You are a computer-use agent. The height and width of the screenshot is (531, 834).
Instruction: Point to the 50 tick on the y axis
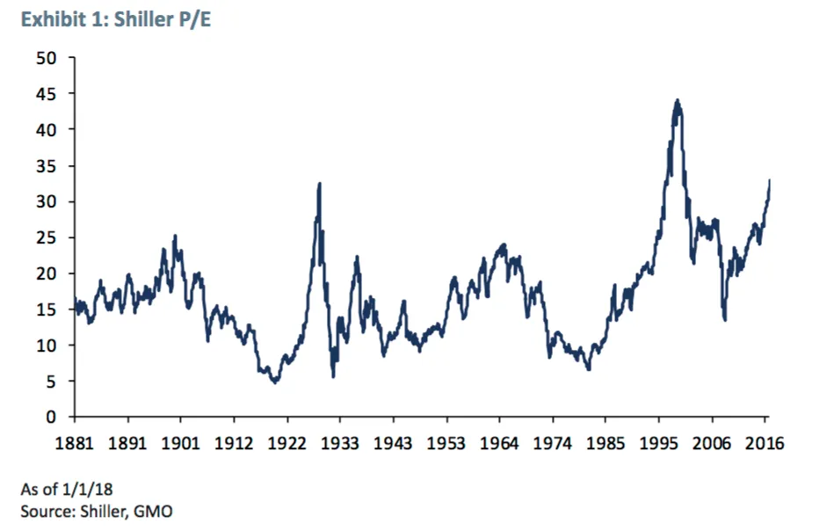coord(46,58)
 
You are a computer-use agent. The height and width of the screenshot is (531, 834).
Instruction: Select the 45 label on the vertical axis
coord(46,94)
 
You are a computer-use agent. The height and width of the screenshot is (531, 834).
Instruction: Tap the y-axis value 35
coord(46,166)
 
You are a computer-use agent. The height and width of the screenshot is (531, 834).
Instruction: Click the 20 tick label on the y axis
coord(46,273)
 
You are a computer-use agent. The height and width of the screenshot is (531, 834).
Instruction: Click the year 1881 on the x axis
coord(75,442)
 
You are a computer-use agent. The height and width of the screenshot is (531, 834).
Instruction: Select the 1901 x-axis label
coord(181,442)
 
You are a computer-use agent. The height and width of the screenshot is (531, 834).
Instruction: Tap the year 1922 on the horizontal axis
coord(287,442)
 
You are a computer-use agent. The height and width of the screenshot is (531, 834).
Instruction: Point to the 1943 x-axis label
coord(394,442)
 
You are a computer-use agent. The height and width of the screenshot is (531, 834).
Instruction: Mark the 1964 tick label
coord(500,442)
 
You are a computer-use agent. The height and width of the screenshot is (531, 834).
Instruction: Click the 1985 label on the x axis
coord(606,442)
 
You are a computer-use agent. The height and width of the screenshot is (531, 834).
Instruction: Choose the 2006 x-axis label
coord(713,442)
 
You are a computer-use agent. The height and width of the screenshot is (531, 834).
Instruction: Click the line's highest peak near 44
coord(677,100)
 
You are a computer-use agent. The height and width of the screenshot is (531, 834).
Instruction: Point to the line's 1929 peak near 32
coord(319,184)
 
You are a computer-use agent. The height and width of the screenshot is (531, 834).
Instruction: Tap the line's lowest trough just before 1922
coord(275,382)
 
